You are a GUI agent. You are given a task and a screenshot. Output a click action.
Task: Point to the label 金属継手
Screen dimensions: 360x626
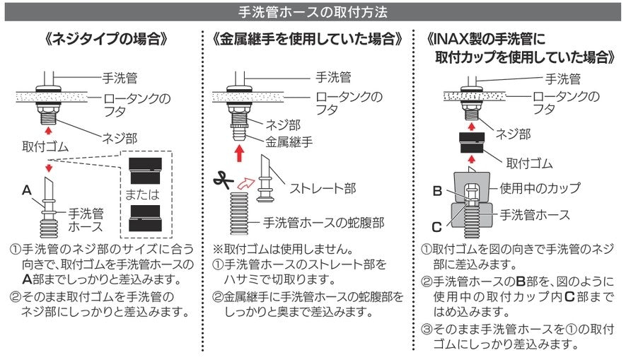point(290,141)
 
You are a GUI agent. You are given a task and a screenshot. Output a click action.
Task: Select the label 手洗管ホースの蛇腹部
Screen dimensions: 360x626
point(323,222)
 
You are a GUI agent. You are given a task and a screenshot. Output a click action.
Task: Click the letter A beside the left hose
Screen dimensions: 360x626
point(27,190)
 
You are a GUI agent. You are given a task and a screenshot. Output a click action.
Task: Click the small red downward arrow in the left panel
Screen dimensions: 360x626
point(48,167)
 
